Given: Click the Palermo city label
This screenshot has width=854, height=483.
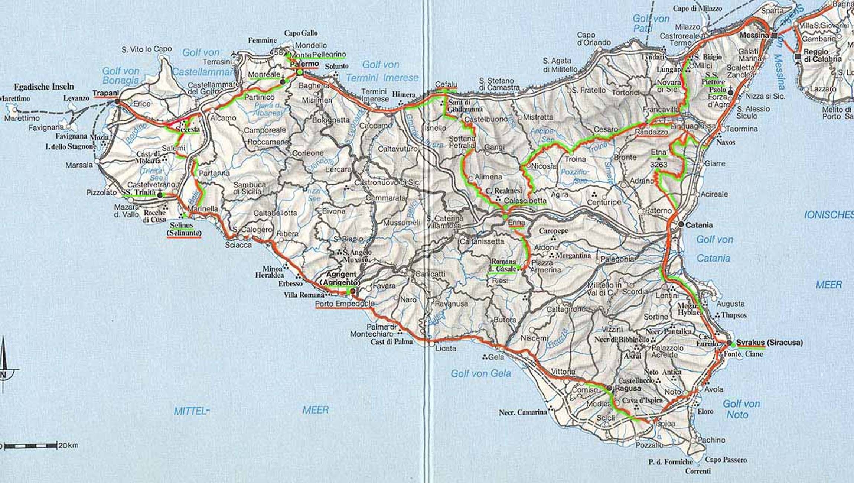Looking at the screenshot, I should click(x=304, y=64).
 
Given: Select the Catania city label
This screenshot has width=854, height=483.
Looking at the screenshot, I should click(x=699, y=225).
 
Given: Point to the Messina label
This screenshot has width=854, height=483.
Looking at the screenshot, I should click(x=754, y=35).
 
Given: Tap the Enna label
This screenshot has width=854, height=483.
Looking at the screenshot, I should click(x=516, y=223).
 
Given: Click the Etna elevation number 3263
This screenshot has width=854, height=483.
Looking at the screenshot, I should click(x=659, y=164).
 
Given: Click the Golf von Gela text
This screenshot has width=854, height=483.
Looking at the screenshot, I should click(x=480, y=373).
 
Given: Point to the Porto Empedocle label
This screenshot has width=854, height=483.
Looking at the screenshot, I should click(x=345, y=304).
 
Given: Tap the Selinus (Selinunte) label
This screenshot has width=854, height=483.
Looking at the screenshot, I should click(x=184, y=229).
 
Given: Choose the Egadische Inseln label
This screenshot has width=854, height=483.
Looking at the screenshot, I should click(x=44, y=87).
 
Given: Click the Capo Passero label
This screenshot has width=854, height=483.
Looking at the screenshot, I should click(x=726, y=460).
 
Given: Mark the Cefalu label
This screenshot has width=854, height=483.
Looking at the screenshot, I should click(x=446, y=85).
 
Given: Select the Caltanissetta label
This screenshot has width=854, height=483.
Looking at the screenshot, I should click(x=482, y=241).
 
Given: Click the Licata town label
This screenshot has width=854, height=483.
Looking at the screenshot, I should click(x=446, y=348).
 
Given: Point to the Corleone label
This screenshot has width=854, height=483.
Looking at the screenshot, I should click(x=308, y=153).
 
